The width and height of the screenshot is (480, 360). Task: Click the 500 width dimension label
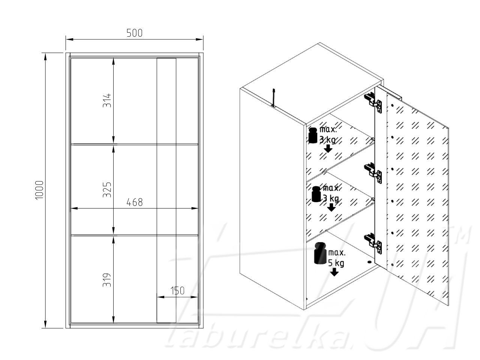135,33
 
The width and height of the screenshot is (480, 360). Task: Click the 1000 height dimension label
39,190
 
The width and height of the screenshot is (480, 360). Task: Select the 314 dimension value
107,100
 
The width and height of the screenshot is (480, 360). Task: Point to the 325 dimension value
107,190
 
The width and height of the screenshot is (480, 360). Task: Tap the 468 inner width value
135,202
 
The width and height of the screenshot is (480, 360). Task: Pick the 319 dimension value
107,280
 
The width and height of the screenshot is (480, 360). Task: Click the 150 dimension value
177,291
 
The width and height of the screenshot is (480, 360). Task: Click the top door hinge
373,103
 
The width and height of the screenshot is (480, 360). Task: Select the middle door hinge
373,173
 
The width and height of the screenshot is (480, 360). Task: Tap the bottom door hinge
373,243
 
